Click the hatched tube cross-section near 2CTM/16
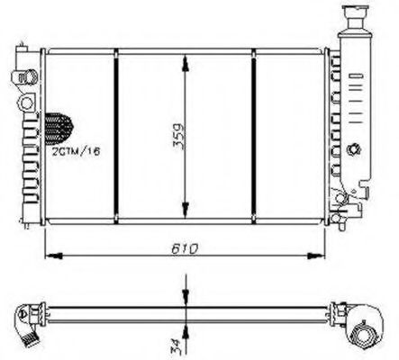click(59, 126)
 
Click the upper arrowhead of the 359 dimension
click(186, 58)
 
